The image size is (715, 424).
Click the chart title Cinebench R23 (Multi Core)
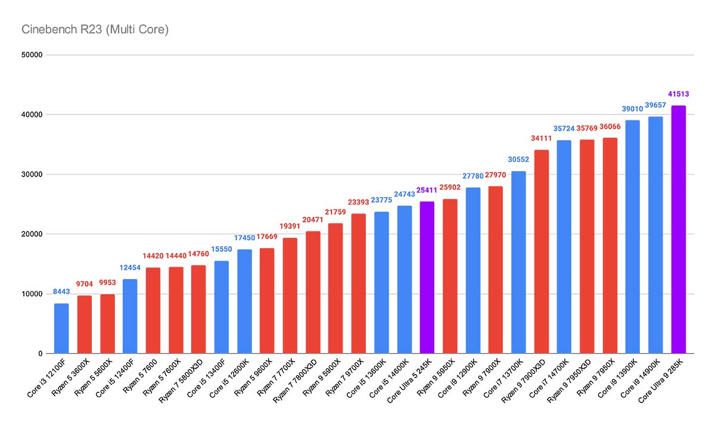95,29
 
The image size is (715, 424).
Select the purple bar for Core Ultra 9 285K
678,230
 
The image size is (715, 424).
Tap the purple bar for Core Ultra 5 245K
427,277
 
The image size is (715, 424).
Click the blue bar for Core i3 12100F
61,329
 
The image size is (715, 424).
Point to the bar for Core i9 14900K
655,235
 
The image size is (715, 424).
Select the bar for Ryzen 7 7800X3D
313,292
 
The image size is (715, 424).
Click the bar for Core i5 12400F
130,316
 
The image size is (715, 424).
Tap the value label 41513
678,94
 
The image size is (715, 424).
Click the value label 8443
61,292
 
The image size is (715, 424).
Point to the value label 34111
541,138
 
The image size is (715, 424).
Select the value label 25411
427,190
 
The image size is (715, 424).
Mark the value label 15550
222,249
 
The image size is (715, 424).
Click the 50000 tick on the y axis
31,55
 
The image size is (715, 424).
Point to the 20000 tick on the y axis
31,234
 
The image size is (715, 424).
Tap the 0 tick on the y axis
40,354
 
